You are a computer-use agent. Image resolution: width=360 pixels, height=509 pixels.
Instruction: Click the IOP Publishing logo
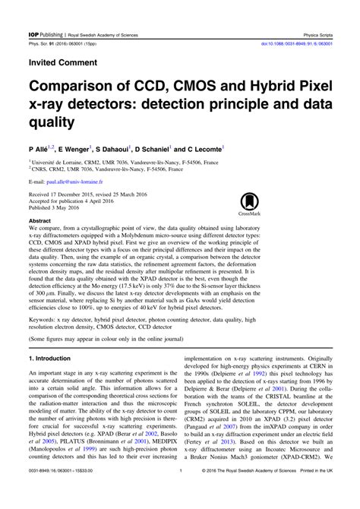coord(45,14)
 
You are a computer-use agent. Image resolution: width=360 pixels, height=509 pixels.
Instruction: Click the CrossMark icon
coord(250,204)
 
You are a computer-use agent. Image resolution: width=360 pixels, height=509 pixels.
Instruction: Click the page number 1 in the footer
coord(180,493)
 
